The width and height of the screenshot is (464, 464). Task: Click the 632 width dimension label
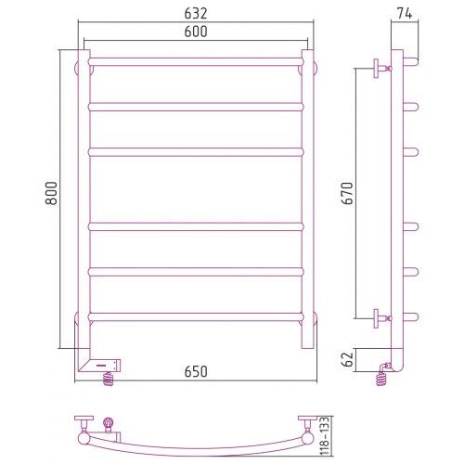click(x=196, y=14)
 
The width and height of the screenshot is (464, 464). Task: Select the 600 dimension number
click(x=196, y=32)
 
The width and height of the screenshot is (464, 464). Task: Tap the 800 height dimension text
click(x=51, y=193)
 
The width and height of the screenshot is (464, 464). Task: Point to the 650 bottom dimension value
click(x=196, y=371)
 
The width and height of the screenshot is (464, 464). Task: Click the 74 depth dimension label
click(x=405, y=14)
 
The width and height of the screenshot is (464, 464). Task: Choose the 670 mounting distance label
click(x=347, y=193)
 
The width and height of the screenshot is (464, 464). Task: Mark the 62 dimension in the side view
click(x=349, y=359)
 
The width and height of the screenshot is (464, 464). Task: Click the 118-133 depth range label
click(x=324, y=436)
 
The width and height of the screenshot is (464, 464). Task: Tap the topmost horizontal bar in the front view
click(x=196, y=61)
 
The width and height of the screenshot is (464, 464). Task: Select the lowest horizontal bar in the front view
click(x=196, y=317)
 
